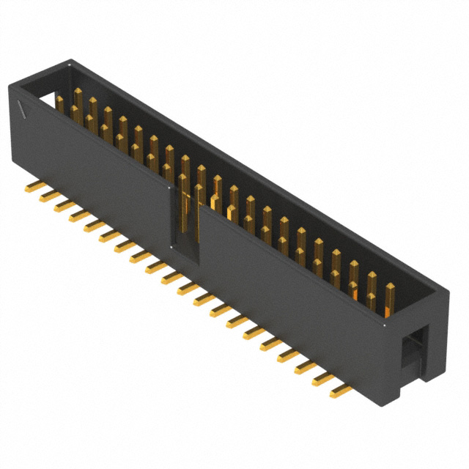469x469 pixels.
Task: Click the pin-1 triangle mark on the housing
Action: [25, 111]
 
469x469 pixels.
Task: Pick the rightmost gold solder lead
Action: [341, 392]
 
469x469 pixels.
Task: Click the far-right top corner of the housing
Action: [445, 290]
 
